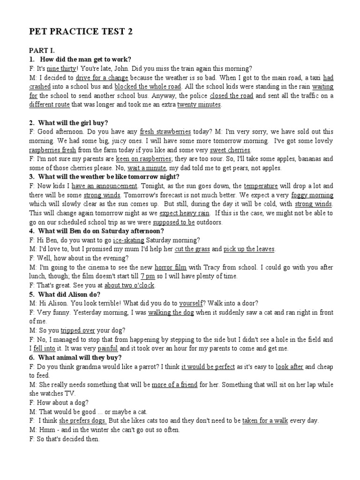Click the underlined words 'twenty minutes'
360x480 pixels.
coord(199,105)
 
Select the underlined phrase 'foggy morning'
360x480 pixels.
coord(312,195)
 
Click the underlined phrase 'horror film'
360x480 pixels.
coord(171,267)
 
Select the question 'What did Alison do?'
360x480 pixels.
coord(69,294)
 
